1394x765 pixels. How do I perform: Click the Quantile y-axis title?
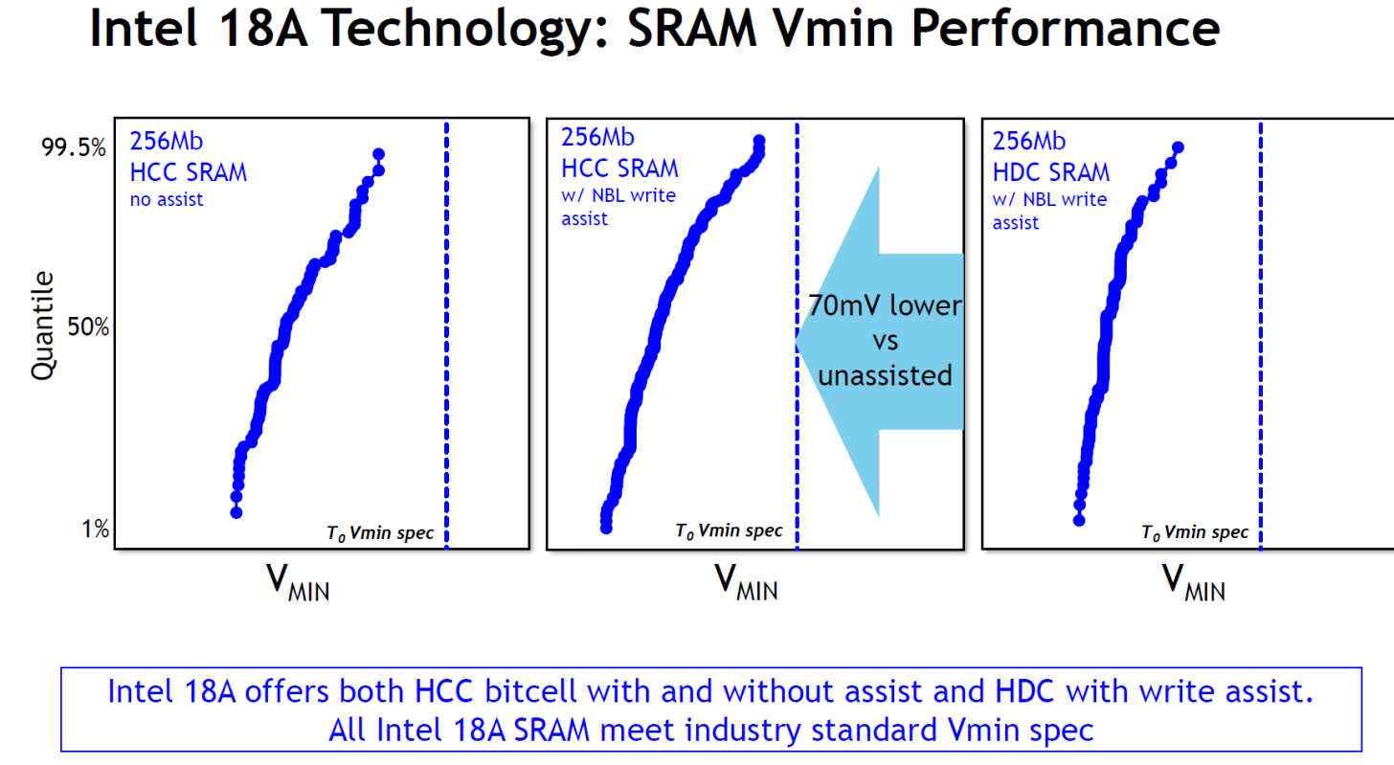pos(43,326)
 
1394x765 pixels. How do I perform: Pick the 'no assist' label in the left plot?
pos(167,200)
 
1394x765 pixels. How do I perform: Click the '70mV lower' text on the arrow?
pos(884,306)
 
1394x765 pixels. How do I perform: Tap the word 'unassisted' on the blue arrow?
pos(884,375)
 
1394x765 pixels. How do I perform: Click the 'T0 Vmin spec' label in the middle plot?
pos(729,530)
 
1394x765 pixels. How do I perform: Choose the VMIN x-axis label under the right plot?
pos(1193,581)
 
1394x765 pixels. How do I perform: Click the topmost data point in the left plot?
pos(378,154)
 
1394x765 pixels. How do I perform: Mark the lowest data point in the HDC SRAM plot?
pos(1079,520)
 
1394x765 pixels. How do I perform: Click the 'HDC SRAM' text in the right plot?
pos(1050,172)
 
